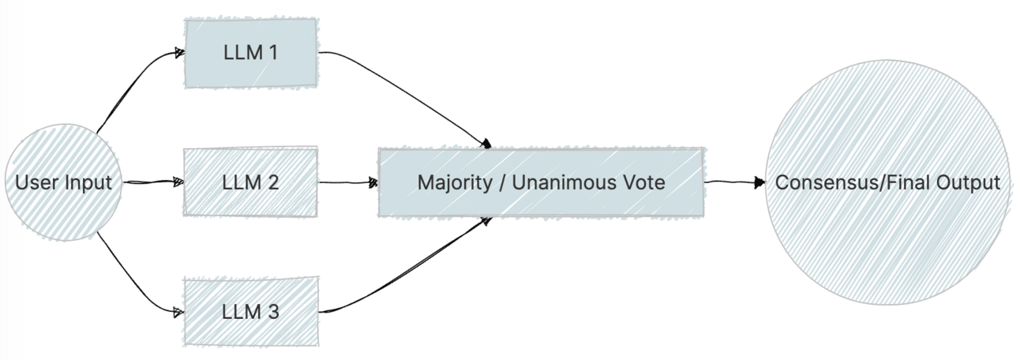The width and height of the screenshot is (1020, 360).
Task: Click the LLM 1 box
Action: [x=251, y=53]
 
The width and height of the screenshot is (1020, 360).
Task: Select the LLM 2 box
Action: [x=251, y=182]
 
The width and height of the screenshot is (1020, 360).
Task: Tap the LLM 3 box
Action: [x=251, y=311]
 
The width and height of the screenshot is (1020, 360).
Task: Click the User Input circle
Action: [x=64, y=183]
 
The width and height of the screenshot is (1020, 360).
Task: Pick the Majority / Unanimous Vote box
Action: [x=541, y=182]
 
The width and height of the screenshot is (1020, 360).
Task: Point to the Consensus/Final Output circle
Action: [x=887, y=182]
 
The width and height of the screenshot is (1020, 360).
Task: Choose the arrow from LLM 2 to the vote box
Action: [x=347, y=182]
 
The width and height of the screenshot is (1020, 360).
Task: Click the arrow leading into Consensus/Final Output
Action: [x=734, y=182]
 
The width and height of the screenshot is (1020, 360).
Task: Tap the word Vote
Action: [x=647, y=183]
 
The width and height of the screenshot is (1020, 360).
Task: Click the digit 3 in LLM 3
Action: [x=273, y=311]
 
